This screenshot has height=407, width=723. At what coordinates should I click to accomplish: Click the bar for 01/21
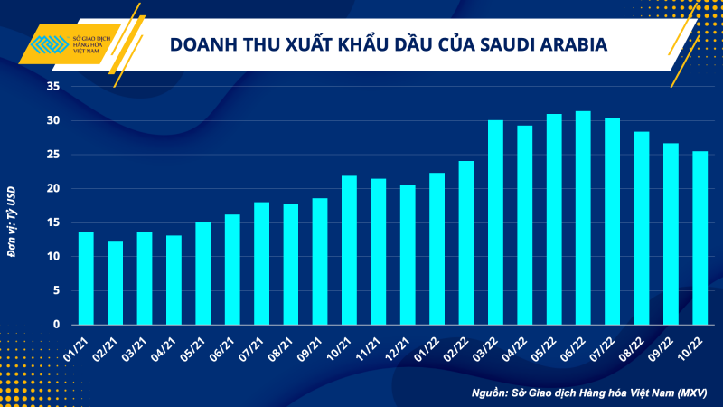coord(86,279)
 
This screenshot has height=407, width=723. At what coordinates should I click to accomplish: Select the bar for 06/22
coord(583,218)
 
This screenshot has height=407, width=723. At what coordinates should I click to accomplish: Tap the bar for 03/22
coord(495,222)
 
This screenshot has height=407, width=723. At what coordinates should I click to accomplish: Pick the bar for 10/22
coord(700,238)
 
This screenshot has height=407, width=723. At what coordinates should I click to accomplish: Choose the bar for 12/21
coord(408,255)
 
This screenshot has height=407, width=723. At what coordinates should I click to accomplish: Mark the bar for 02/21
coord(115,283)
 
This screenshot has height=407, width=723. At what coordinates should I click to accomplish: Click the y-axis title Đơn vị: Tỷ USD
coord(12,222)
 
